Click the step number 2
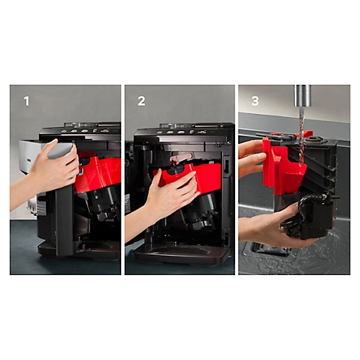(141, 100)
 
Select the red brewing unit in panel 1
(98, 173)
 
